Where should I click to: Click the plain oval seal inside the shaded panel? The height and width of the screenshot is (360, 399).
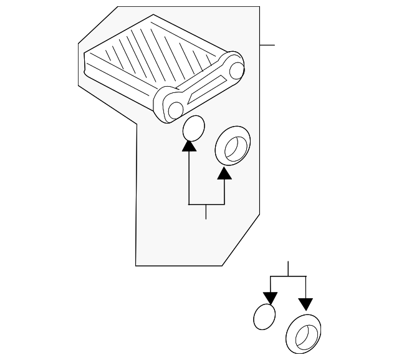point(193,129)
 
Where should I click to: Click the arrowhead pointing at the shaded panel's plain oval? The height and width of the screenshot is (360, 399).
point(189,146)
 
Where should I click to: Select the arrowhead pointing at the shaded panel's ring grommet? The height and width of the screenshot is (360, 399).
point(224,172)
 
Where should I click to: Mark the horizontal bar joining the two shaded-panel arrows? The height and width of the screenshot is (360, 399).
point(206,204)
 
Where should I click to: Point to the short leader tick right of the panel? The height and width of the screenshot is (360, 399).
point(267,45)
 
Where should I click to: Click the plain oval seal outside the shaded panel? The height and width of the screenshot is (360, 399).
point(264,316)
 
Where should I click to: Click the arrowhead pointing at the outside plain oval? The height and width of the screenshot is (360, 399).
point(271,298)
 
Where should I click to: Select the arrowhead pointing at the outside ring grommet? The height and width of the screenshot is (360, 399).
point(305,304)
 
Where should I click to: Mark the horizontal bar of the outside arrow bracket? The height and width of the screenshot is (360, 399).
point(288,276)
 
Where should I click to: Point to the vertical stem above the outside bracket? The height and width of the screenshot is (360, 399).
point(288,268)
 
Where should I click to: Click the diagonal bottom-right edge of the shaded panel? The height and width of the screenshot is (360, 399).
point(241,240)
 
